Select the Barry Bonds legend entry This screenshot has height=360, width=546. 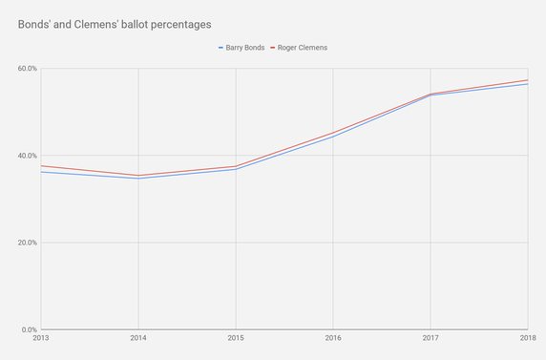click(240, 47)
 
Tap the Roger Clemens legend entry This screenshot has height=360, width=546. click(303, 47)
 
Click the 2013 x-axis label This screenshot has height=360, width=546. click(41, 338)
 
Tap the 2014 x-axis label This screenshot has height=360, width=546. click(138, 338)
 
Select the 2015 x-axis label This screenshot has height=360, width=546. click(236, 338)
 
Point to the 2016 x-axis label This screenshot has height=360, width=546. click(333, 338)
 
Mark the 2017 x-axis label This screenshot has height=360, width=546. click(430, 338)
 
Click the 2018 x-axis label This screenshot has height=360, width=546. click(527, 338)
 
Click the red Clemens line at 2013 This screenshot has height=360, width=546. click(42, 166)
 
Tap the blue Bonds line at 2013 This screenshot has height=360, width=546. click(42, 172)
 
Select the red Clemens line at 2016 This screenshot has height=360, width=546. click(333, 133)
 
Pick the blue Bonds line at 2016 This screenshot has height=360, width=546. click(333, 138)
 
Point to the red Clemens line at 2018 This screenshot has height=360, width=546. click(527, 80)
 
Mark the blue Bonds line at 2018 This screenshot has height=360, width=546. click(527, 84)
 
